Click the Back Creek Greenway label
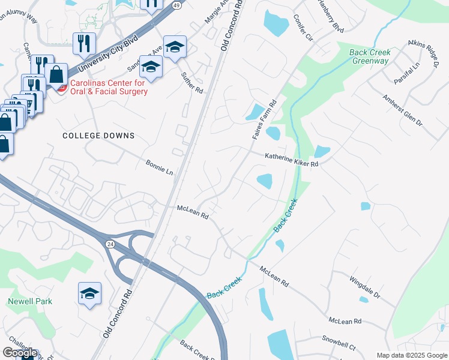pos(370,56)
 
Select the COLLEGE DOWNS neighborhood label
pos(98,136)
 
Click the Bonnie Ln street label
pos(159,167)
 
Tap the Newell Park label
pos(30,301)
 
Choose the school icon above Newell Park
pos(89,294)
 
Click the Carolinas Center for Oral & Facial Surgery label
pos(109,87)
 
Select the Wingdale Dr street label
pos(365,287)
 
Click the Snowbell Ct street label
pos(339,343)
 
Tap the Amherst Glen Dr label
pos(403,109)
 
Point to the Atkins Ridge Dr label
pos(423,50)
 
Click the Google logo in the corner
pos(20,353)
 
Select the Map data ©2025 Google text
pos(411,355)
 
